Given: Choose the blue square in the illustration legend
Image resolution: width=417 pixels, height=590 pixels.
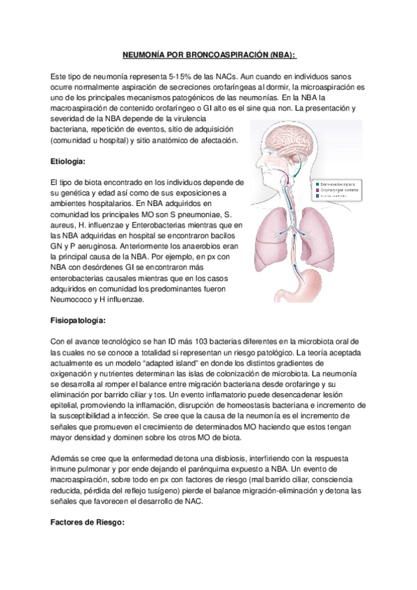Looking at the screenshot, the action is point(317,196).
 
